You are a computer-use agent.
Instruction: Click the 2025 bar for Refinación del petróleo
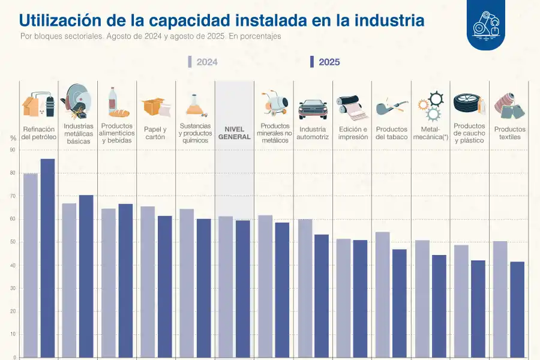tap(47, 258)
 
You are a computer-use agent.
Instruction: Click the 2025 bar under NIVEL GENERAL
tap(243, 288)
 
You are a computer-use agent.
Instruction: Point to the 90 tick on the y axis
tap(13, 150)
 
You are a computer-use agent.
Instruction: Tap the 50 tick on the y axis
tap(13, 242)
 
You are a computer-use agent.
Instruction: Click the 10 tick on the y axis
tap(13, 334)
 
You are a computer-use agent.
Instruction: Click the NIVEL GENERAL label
tap(234, 133)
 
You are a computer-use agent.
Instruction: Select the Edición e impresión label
tap(352, 133)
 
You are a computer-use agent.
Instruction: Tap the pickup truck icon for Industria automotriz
tap(313, 109)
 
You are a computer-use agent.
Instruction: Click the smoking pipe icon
tap(391, 109)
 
